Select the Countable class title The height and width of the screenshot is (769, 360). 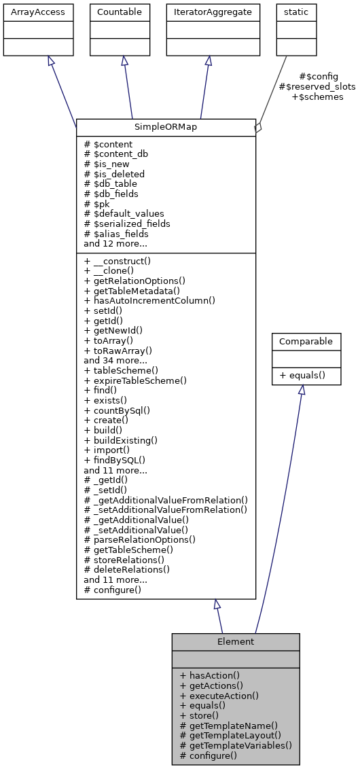point(120,12)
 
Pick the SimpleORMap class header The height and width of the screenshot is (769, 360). point(166,127)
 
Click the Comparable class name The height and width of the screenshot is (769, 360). point(306,342)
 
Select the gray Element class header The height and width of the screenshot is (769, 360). point(236,641)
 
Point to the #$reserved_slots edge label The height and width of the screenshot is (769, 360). point(317,87)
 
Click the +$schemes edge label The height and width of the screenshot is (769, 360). point(317,97)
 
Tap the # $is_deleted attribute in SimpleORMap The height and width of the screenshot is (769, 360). point(114,174)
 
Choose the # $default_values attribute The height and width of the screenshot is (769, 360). point(124,213)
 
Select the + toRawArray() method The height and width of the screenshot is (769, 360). point(118,351)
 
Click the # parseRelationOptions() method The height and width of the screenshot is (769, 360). point(139,539)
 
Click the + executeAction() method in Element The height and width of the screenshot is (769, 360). point(219,696)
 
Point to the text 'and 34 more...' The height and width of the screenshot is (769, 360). point(115,360)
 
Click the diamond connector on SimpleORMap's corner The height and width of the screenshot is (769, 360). point(257,127)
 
